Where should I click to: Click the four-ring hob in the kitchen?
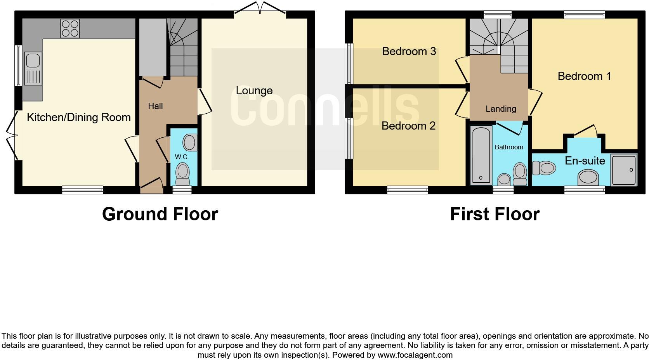(x=70, y=28)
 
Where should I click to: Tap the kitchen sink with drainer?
(x=33, y=69)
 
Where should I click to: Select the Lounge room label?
(x=254, y=91)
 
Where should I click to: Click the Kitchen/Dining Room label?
(x=79, y=118)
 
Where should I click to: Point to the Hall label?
(x=155, y=106)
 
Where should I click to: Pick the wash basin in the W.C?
(x=190, y=142)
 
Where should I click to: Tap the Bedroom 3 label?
(x=409, y=51)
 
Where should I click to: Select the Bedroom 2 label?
(x=408, y=126)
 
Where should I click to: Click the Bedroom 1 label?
(x=584, y=76)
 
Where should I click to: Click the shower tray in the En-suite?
(x=624, y=170)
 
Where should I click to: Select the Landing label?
(x=501, y=109)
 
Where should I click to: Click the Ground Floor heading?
(x=160, y=214)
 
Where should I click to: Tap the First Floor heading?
(x=495, y=214)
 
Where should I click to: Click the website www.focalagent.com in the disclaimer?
(x=415, y=355)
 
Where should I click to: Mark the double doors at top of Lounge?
(x=260, y=9)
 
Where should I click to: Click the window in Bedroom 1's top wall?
(x=584, y=15)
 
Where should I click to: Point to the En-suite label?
(x=585, y=161)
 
